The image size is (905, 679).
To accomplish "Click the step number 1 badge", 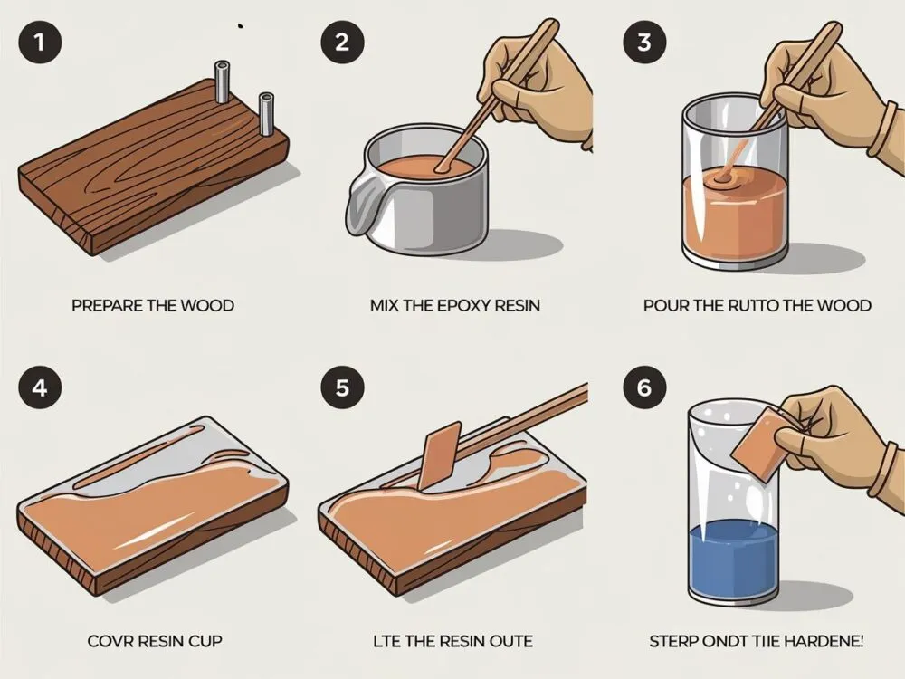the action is pyautogui.click(x=40, y=42).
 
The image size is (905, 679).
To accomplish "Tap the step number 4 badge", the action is pyautogui.click(x=40, y=387).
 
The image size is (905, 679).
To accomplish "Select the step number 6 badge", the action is pyautogui.click(x=644, y=387).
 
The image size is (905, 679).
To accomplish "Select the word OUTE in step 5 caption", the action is pyautogui.click(x=510, y=641).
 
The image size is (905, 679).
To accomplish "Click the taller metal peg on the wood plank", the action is pyautogui.click(x=223, y=82).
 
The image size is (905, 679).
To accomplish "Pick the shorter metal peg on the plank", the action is pyautogui.click(x=267, y=114).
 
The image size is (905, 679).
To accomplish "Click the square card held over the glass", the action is pyautogui.click(x=757, y=444).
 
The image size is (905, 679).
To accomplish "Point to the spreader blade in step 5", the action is pyautogui.click(x=441, y=455).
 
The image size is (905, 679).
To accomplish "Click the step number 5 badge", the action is pyautogui.click(x=342, y=387).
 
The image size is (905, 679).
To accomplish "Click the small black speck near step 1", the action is pyautogui.click(x=240, y=26).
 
